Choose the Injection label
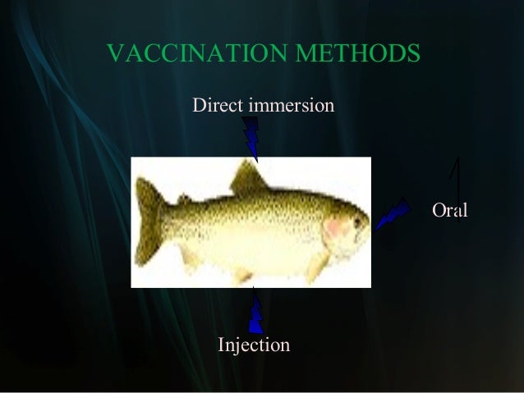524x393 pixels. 253,345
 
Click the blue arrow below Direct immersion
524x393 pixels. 251,138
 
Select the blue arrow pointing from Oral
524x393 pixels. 393,213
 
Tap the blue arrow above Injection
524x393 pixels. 255,313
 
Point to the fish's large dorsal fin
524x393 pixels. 246,176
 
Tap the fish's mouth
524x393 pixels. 366,231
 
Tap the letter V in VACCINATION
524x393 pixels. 116,54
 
